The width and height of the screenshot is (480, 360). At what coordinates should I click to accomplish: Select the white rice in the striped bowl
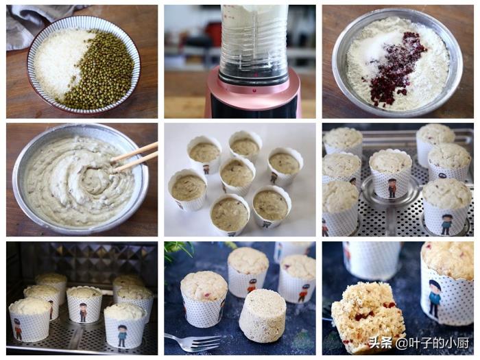pos(60,61)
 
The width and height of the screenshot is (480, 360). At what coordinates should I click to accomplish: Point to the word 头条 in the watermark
pos(380,343)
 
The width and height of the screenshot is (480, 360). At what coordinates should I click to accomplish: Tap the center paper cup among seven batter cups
pos(237,176)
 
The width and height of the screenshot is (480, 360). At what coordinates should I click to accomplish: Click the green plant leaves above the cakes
pos(179,250)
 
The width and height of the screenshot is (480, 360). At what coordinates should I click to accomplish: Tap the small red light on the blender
pos(254,90)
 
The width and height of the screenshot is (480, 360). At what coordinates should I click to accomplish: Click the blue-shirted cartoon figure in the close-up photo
pos(434,297)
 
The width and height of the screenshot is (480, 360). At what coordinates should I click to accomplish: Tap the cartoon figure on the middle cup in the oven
pos(83,312)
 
